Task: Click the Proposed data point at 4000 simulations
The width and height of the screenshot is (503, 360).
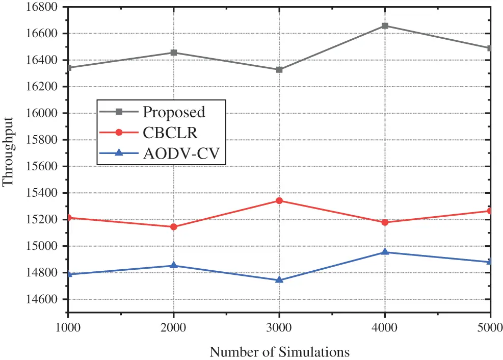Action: click(x=385, y=26)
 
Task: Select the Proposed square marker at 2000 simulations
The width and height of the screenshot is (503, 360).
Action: click(x=174, y=53)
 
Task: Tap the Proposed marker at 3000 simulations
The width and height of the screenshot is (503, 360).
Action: click(x=279, y=69)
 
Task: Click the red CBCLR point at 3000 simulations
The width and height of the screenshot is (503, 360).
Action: click(x=279, y=200)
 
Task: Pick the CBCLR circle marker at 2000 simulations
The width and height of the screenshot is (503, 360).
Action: click(x=174, y=226)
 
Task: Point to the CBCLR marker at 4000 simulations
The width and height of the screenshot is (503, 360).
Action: click(x=385, y=222)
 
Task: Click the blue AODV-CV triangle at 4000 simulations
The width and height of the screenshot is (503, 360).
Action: click(x=385, y=252)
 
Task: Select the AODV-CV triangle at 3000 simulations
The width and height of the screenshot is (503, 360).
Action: click(x=279, y=279)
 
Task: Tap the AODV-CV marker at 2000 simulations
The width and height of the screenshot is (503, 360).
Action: click(x=174, y=265)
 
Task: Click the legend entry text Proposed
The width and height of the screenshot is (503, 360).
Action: click(x=174, y=112)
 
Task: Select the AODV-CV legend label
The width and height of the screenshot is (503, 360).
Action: click(x=183, y=153)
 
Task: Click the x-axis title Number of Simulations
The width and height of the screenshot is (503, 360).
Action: click(x=279, y=352)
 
